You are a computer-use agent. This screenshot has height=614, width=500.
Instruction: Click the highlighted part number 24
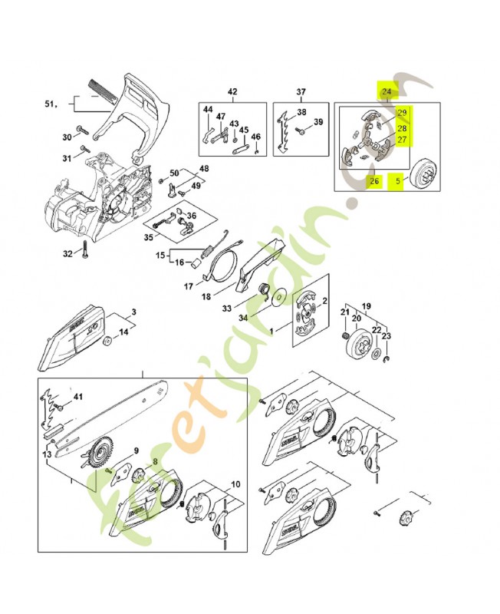coord(387,92)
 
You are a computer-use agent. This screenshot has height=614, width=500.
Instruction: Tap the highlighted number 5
coord(397,182)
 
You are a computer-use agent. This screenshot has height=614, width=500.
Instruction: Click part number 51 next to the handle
coord(51,102)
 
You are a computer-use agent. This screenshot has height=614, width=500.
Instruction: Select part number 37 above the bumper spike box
coord(301,92)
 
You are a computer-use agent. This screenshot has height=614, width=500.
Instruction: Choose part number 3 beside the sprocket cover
coord(133,312)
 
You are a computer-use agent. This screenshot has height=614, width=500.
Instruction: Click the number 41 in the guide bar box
coord(77,397)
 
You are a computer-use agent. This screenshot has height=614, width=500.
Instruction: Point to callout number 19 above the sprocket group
coord(367,305)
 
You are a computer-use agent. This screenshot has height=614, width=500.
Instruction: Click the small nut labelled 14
coord(107,339)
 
